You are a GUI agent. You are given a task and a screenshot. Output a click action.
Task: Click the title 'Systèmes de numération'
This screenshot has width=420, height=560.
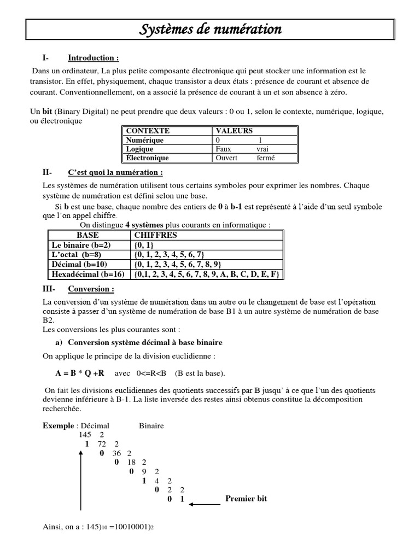coord(211,29)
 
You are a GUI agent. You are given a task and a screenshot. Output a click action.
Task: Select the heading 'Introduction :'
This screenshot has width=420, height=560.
coord(93,58)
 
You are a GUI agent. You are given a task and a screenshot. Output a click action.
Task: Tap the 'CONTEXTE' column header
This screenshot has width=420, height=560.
coord(148,131)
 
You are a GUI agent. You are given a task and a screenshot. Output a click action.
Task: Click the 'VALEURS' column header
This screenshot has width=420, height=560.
coord(235,131)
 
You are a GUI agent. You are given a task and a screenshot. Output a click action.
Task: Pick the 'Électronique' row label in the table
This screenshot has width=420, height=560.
coord(147,158)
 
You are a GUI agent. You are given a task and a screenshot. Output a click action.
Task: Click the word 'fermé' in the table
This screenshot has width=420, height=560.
coord(266,158)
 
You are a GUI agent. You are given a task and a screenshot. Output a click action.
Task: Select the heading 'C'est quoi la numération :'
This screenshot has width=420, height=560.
coord(115,173)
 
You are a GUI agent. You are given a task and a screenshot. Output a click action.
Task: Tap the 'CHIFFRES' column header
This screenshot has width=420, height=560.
coord(155,235)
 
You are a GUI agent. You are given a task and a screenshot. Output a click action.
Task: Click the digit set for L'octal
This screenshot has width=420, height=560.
coord(169,255)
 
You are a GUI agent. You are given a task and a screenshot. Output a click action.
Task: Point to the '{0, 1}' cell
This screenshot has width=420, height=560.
coord(143,245)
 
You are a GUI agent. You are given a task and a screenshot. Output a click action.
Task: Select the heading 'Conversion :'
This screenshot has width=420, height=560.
coord(91,289)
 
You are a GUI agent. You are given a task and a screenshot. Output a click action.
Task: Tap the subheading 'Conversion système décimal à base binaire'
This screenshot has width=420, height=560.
coord(145,342)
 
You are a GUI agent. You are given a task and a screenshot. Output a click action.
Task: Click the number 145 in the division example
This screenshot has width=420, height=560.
coord(85,434)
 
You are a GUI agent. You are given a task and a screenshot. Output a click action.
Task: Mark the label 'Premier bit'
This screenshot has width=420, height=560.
coord(246,499)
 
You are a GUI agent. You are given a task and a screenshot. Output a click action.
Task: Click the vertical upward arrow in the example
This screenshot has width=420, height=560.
coord(80,481)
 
